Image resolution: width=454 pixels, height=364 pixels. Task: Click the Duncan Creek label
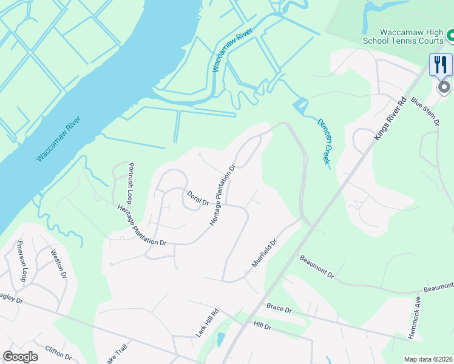323,141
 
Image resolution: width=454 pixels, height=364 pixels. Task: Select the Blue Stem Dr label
425,111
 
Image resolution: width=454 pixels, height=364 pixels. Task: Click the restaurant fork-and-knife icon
441,64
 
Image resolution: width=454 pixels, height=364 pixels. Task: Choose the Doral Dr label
197,198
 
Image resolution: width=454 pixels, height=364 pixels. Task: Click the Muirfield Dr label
265,253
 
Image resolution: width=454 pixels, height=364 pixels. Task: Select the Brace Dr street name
279,309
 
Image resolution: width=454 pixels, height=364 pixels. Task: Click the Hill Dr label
262,326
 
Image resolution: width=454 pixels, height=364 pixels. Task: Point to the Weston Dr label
59,263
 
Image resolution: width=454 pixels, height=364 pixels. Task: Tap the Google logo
20,357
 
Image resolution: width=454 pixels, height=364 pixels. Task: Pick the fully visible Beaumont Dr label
317,266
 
